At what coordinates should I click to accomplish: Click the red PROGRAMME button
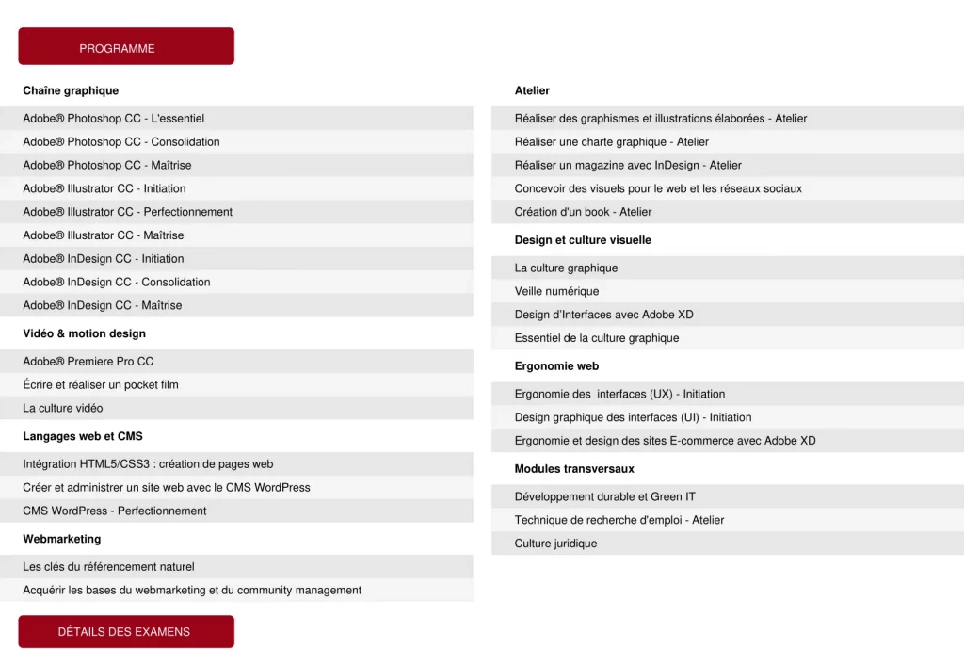[125, 47]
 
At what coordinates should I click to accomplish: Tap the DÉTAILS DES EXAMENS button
[125, 632]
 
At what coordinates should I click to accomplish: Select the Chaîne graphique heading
[71, 91]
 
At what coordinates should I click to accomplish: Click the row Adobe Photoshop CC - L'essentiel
[114, 119]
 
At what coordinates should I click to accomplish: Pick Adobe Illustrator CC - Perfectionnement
[128, 212]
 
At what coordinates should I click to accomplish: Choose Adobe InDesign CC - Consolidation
[117, 283]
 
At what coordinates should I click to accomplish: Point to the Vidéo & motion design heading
[85, 333]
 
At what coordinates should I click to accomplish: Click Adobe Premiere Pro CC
[88, 362]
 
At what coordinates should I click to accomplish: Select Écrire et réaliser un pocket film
[101, 385]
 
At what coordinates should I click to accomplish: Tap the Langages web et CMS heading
[83, 436]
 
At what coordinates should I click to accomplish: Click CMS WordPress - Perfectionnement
[115, 511]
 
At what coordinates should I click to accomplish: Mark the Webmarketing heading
[62, 539]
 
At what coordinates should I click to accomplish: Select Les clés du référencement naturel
[109, 567]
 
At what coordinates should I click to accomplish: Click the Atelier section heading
[532, 91]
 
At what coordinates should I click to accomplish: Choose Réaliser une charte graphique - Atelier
[612, 142]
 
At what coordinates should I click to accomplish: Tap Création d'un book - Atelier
[584, 212]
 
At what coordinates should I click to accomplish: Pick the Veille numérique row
[557, 292]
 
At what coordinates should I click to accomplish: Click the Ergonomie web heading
[556, 366]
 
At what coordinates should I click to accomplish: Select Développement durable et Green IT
[605, 497]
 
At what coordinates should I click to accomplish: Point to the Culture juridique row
[556, 544]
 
